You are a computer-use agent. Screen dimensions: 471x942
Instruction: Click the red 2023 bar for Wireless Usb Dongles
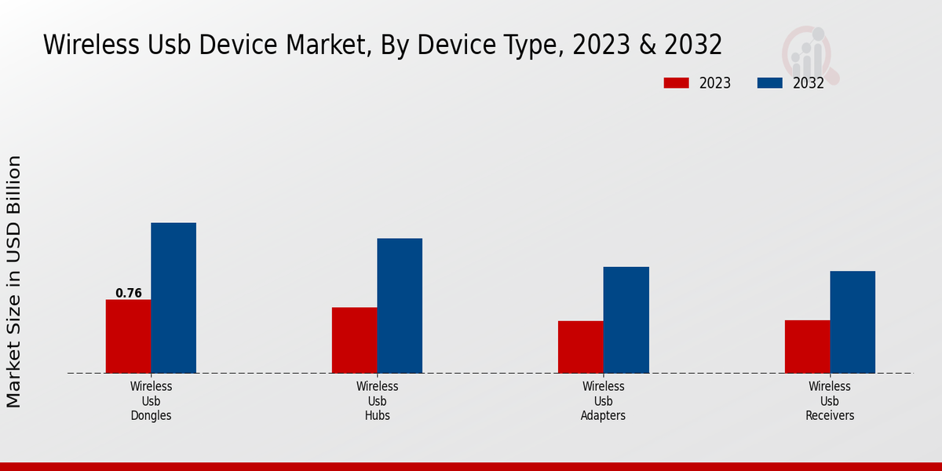tap(128, 336)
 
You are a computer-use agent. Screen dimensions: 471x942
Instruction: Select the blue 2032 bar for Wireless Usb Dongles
tap(173, 298)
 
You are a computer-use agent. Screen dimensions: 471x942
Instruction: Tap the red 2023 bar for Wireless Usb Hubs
tap(354, 340)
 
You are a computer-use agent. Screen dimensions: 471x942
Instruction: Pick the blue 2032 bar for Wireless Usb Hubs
tap(400, 305)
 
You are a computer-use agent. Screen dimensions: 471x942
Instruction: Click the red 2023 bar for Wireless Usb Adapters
tap(581, 347)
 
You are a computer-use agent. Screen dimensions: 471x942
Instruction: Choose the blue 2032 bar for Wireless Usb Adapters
tap(626, 319)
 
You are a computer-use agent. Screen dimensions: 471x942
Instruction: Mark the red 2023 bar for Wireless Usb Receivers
tap(807, 346)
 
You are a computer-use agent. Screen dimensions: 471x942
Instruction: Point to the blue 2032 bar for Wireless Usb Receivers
tap(853, 322)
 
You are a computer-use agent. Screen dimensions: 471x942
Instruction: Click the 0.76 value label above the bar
tap(129, 294)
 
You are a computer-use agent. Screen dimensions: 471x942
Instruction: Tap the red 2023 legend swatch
tap(676, 83)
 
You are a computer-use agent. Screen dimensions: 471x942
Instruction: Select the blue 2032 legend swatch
tap(770, 83)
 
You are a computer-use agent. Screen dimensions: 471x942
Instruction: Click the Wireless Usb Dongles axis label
tap(152, 401)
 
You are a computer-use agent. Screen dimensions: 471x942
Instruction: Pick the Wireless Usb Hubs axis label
tap(378, 401)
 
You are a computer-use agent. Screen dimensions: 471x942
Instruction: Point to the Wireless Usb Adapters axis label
tap(604, 401)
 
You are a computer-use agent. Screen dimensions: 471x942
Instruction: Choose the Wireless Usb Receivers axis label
tap(830, 401)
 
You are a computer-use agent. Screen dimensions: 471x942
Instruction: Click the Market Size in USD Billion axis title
tap(14, 281)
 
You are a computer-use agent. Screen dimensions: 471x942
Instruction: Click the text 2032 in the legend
tap(809, 83)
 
